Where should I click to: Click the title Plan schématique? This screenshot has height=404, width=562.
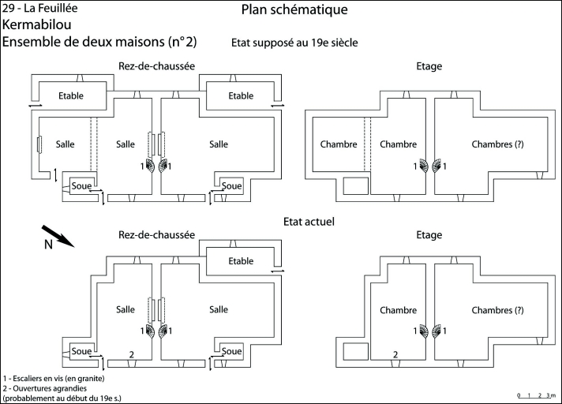coord(294,10)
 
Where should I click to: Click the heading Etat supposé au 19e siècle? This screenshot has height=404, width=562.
coord(295,43)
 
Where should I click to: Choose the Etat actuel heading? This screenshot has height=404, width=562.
coord(310,222)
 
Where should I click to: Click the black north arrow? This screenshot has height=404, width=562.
coord(58,235)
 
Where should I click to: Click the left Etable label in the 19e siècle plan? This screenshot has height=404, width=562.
coord(70,96)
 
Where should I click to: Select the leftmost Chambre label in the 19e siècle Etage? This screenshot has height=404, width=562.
coord(339,144)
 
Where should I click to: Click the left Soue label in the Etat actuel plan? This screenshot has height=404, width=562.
coord(81,350)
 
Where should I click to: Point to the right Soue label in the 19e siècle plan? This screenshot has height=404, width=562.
coord(231,186)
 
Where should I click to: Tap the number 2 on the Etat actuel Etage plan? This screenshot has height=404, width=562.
coord(395,356)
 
